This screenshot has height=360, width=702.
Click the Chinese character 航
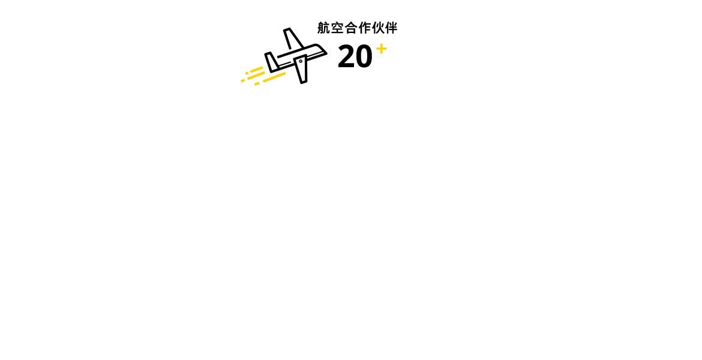tap(323, 28)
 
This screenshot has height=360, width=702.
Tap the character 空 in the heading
tap(337, 28)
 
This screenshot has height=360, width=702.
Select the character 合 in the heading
tap(350, 28)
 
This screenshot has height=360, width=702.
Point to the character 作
tap(364, 28)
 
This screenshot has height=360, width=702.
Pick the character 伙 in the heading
tap(377, 28)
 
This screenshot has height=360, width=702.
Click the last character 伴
tap(391, 28)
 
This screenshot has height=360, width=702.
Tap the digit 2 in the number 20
tap(346, 56)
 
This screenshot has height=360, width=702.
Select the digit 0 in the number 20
tap(364, 56)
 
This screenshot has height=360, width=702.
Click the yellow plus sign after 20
tap(382, 49)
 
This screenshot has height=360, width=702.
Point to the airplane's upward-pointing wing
tap(293, 39)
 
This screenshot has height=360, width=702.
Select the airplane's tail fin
tap(271, 62)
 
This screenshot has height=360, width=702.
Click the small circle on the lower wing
tap(301, 61)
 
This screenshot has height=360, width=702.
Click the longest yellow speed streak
tap(274, 77)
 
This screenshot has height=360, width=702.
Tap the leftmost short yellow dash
tap(243, 80)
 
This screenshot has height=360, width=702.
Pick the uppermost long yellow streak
tap(256, 70)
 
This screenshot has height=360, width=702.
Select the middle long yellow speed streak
tap(256, 76)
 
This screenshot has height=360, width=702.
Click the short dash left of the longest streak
tap(257, 84)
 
